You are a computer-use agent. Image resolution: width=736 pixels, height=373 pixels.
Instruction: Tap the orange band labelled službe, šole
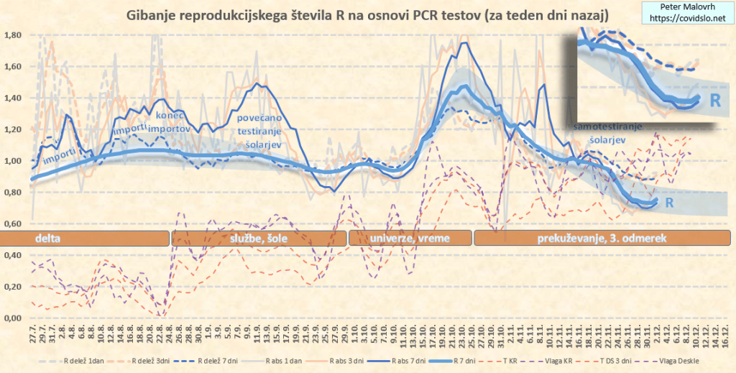tap(259, 238)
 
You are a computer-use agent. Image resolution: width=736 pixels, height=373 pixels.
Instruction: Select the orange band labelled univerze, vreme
tap(410, 238)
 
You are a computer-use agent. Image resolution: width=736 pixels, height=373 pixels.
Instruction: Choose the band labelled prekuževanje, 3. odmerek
tap(602, 238)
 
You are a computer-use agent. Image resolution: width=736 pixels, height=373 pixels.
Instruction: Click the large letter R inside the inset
tap(715, 99)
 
